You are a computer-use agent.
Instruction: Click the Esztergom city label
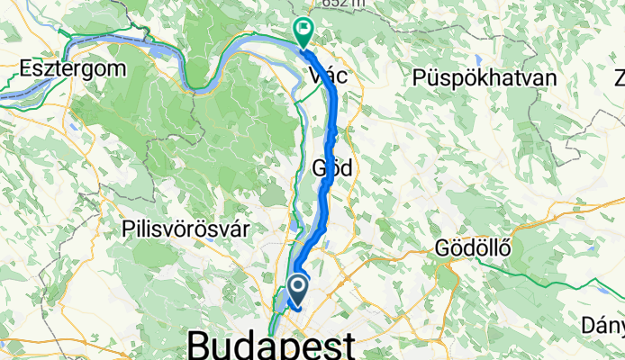61,68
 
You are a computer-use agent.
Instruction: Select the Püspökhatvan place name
484,78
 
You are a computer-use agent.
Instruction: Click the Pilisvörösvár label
186,228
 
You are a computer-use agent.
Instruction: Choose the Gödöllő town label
472,247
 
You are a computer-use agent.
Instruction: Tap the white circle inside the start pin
295,286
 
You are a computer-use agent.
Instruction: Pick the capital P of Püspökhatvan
420,78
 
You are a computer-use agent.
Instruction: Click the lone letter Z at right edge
620,78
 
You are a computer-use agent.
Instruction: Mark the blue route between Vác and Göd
333,126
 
